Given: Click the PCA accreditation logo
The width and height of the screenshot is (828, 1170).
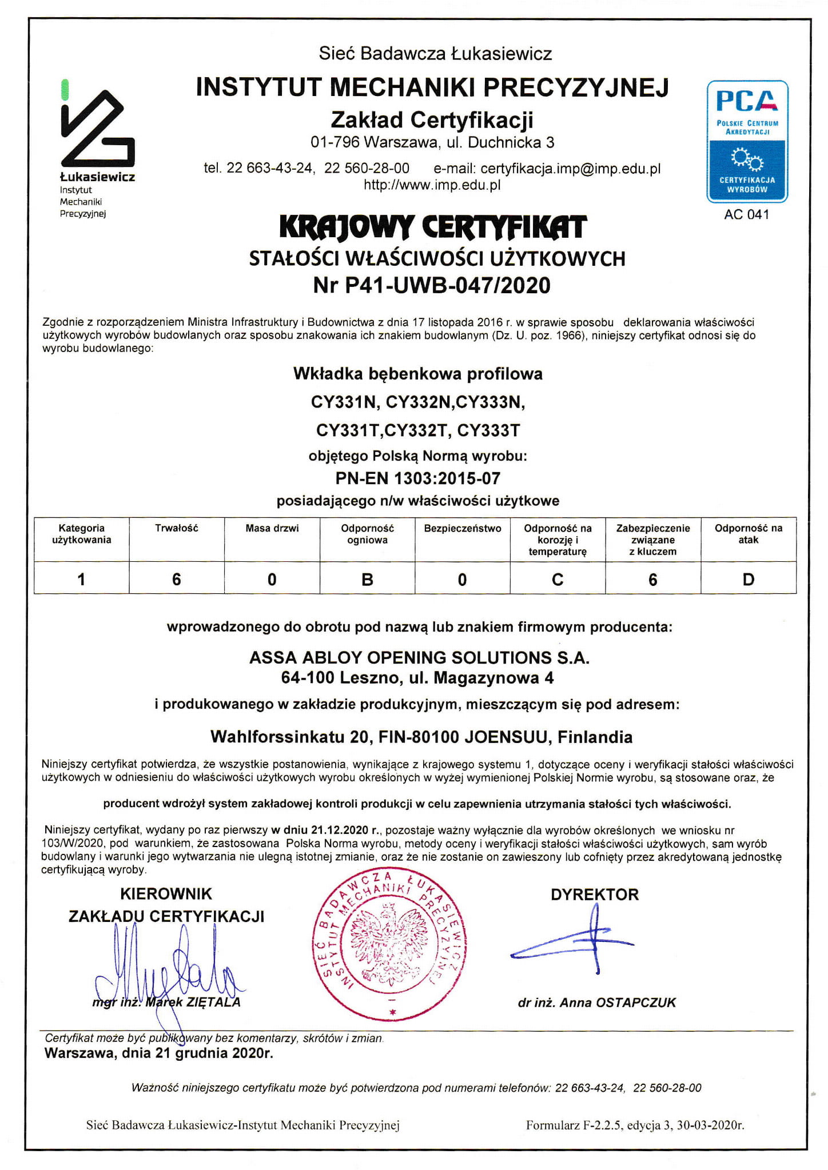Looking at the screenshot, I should coord(747,141).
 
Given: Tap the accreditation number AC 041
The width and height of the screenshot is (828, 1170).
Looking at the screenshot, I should coord(747,214).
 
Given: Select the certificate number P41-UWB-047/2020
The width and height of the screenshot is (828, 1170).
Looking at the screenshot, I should coord(447,285).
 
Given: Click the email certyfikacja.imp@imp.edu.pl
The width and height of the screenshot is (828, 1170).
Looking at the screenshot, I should coord(570,169).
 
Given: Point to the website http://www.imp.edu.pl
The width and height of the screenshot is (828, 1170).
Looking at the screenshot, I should coord(432,185).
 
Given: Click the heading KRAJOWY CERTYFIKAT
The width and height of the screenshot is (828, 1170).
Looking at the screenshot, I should coord(432,227).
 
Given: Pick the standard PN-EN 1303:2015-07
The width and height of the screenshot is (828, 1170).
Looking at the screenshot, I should coord(417,478).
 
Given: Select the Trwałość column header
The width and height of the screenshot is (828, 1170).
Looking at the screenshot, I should coord(176,528).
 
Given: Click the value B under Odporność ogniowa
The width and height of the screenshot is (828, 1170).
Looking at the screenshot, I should coord(367,580).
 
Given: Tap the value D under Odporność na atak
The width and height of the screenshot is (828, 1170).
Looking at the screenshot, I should coord(748,580).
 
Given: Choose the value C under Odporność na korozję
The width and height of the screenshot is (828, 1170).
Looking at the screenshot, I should coord(558,580).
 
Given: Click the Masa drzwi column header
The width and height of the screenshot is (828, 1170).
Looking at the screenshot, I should coord(272,528).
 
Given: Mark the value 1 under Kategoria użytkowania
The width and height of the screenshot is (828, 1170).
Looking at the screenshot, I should coord(81,580).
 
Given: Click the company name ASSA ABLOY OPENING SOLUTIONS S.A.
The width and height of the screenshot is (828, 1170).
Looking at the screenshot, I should coord(419,657).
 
